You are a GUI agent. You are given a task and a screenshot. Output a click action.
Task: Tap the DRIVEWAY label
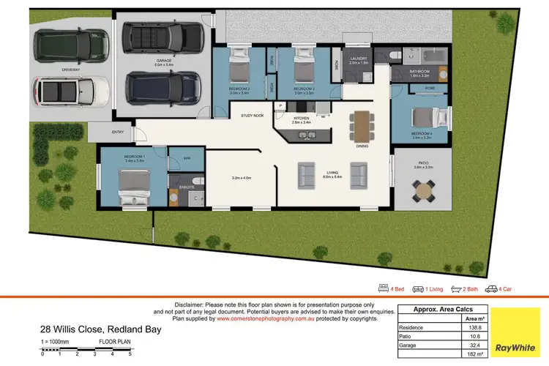[x=70, y=70]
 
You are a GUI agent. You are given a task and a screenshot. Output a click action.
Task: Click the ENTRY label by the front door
[x=117, y=132]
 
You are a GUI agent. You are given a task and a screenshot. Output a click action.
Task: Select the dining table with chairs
[x=362, y=125]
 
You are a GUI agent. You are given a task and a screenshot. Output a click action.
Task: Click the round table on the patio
[x=423, y=192]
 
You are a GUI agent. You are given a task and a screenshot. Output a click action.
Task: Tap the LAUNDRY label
[x=358, y=58]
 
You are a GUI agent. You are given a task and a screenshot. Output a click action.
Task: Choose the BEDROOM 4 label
[x=422, y=134]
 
